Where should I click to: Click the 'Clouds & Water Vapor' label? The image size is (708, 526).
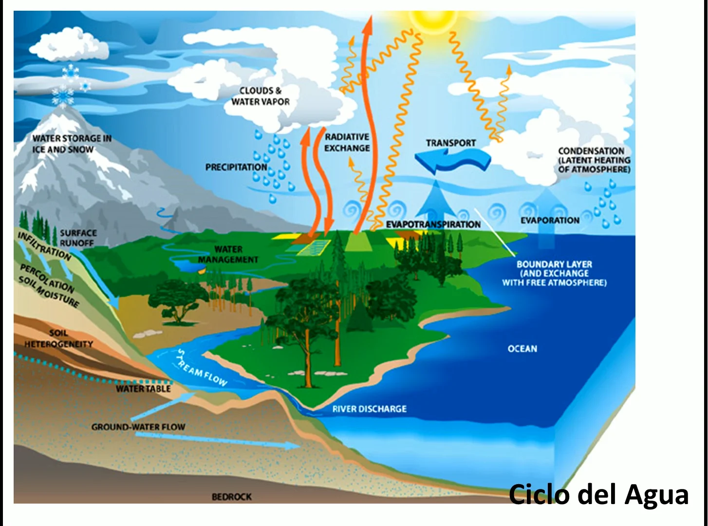click(260, 96)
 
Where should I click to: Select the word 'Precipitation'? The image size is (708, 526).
click(236, 167)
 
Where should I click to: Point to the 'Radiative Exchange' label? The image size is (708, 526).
click(347, 142)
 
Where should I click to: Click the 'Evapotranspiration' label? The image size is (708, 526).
click(433, 224)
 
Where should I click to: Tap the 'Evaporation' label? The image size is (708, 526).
click(550, 220)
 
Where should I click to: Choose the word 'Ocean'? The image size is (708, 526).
click(522, 349)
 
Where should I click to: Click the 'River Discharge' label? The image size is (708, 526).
click(369, 409)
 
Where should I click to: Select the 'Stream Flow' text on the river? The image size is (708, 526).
click(203, 369)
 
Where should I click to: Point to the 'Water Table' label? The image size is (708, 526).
click(143, 389)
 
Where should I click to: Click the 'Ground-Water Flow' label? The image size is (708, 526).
click(138, 427)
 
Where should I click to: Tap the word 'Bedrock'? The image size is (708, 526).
click(232, 497)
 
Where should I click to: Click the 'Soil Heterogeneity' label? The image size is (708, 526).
click(58, 339)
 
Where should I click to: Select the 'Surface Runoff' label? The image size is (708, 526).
click(78, 238)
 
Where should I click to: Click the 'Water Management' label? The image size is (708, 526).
click(228, 254)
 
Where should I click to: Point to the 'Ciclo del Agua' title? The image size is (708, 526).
click(598, 494)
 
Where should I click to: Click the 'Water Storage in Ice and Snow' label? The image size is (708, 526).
click(72, 144)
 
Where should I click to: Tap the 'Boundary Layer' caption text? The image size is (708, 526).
click(554, 273)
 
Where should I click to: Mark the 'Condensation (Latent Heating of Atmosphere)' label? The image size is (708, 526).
click(594, 160)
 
